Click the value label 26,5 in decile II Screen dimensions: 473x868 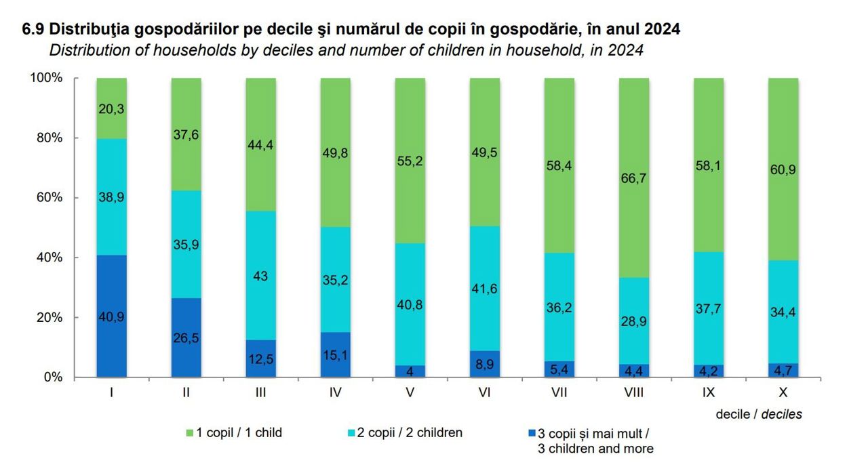tap(186, 337)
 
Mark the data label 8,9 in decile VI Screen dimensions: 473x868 tap(484, 363)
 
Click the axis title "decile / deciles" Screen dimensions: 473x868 tap(759, 414)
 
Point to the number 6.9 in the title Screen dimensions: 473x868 tap(33, 30)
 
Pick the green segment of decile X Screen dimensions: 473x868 tap(783, 169)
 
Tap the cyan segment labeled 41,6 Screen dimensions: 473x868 tap(484, 289)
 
